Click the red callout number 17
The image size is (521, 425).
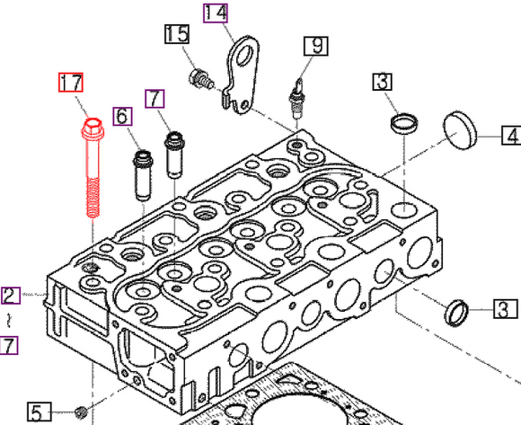tap(71, 84)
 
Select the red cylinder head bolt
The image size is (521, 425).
tap(93, 171)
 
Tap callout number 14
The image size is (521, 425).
tap(216, 13)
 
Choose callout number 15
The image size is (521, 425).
tap(177, 34)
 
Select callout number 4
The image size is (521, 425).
tap(509, 136)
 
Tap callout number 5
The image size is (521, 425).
tap(37, 412)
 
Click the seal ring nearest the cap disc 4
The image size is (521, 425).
tap(404, 120)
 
